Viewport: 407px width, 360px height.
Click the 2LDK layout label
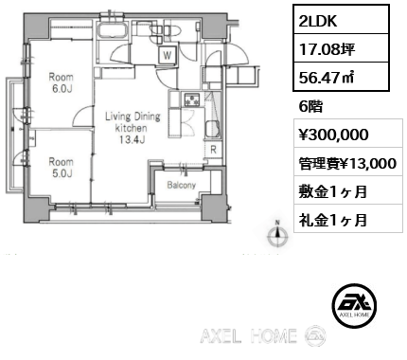coord(318,21)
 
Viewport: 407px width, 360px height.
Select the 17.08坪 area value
coord(327,49)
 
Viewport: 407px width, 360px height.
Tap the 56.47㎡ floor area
coord(327,77)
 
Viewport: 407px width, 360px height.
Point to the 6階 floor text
coord(310,107)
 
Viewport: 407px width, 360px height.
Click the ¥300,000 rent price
coord(334,135)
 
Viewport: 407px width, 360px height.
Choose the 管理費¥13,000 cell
coord(348,163)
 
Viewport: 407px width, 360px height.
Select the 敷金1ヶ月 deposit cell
coord(348,191)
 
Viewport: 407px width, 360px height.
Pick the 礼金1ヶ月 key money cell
coord(348,220)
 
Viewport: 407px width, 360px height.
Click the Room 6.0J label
coord(61,82)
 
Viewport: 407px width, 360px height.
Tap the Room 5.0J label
coord(61,168)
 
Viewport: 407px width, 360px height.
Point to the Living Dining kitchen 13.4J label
coord(133,128)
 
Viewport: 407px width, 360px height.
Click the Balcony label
coord(182,185)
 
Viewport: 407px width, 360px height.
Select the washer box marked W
coord(168,55)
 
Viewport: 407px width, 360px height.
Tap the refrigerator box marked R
coord(214,150)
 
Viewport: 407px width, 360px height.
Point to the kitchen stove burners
coord(192,99)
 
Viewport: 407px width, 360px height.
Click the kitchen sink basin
coord(213,129)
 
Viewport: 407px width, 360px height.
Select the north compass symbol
coord(277,235)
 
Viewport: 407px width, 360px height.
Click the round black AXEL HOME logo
coord(354,305)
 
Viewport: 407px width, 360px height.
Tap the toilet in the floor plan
coord(172,30)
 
